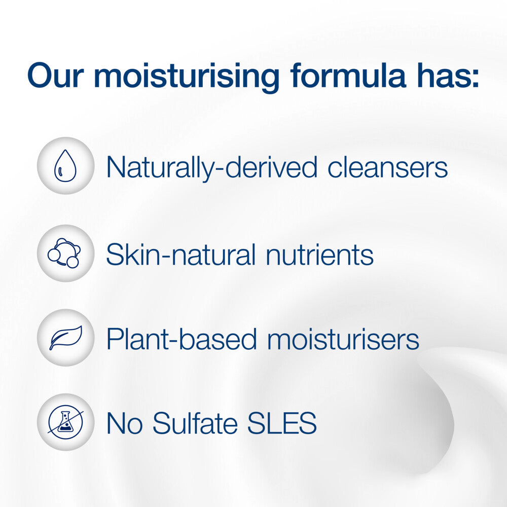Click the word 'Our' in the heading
point(56,76)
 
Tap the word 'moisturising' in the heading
point(187,78)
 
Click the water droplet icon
point(65,166)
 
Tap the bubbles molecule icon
point(64,253)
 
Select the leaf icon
point(65,338)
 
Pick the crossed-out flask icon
point(65,422)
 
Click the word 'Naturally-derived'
point(212,168)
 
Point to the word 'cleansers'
point(388,167)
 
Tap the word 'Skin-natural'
point(181,255)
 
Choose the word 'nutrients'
point(319,255)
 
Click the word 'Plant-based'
point(182,339)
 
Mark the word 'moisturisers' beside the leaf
point(343,339)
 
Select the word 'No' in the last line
point(125,423)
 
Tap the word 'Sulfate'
point(195,422)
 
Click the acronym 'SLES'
point(282,423)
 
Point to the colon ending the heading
point(475,79)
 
